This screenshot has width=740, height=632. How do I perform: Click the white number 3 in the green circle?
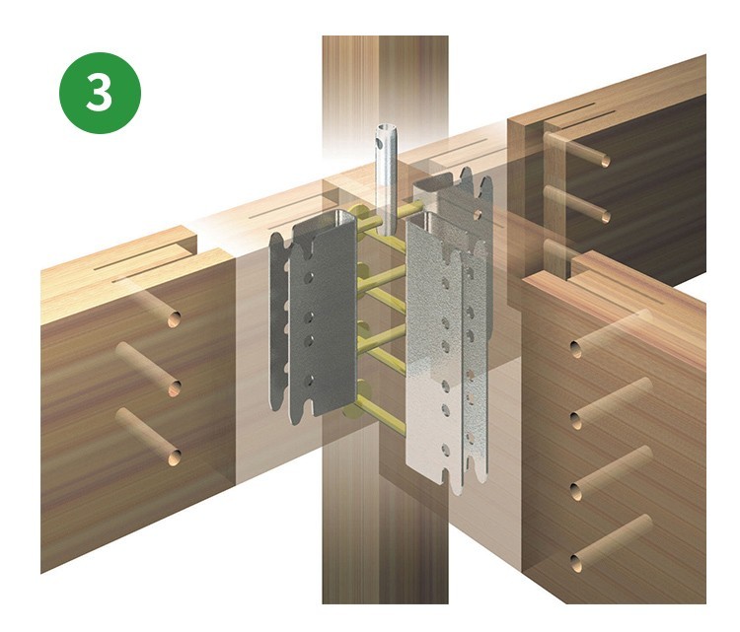[99, 92]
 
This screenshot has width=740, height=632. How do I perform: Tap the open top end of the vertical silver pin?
[387, 128]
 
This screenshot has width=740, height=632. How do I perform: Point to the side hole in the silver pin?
[379, 144]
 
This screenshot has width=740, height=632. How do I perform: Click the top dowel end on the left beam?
[174, 320]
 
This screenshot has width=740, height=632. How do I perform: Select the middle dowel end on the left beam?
[174, 388]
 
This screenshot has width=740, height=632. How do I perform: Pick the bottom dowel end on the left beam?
[174, 456]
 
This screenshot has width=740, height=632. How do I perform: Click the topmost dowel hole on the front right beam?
[576, 349]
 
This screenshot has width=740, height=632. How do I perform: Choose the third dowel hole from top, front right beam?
[576, 492]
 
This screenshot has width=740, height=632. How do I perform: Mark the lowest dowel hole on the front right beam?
[576, 563]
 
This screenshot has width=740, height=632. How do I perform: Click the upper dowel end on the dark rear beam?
[605, 161]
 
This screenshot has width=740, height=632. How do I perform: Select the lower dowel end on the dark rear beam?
[605, 217]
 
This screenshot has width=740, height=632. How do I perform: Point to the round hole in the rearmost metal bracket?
[478, 215]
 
